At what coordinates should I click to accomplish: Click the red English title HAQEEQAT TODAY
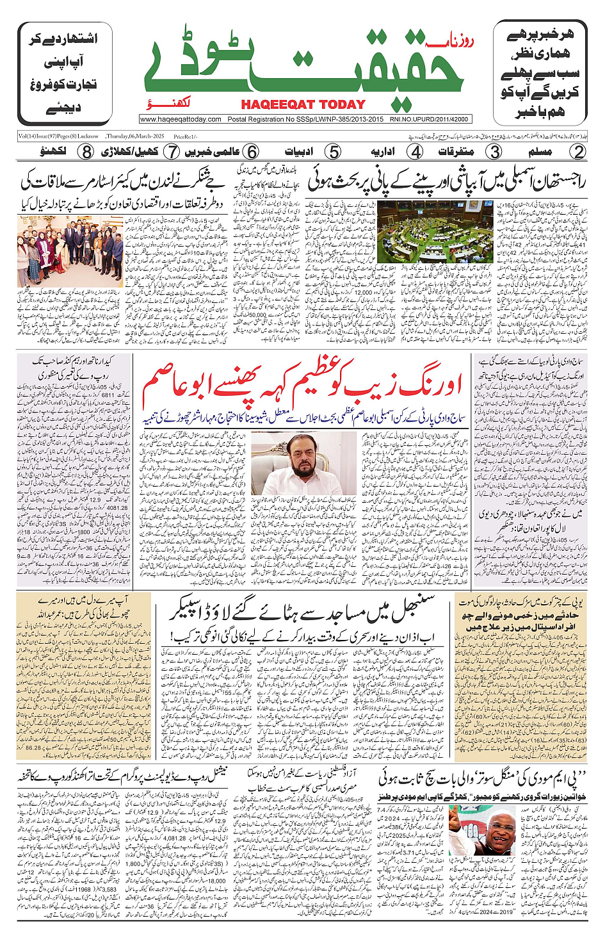click(x=303, y=104)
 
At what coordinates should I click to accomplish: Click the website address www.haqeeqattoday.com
click(x=181, y=119)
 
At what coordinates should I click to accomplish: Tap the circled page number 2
click(x=578, y=152)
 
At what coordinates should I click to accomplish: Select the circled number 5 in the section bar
click(x=333, y=152)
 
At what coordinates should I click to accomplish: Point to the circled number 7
click(x=172, y=152)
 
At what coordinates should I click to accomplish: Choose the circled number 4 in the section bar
click(x=415, y=152)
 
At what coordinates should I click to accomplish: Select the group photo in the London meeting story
click(x=70, y=251)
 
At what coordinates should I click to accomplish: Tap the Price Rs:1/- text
click(x=186, y=136)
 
